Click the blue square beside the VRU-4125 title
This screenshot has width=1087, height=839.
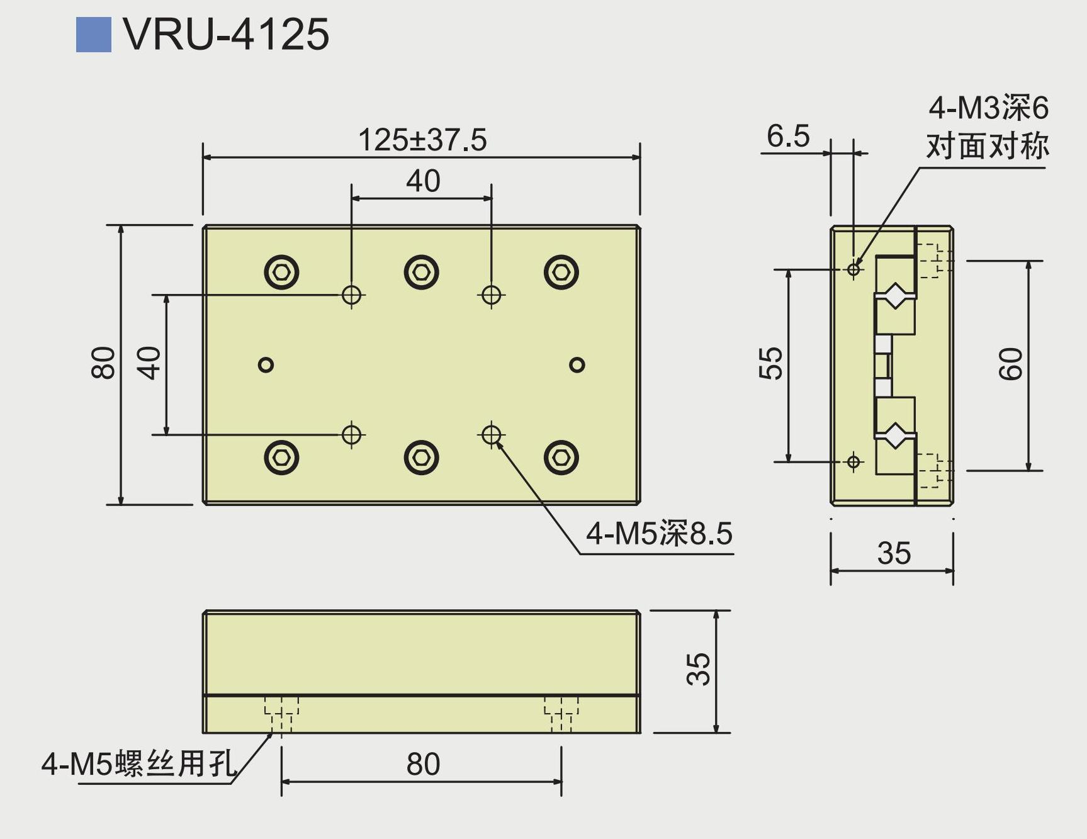pos(93,35)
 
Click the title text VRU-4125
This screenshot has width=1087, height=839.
pos(226,34)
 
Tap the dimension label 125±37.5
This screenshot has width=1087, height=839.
pos(422,140)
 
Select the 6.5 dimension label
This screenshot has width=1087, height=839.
pos(788,136)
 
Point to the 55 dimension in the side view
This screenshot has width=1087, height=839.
pos(771,363)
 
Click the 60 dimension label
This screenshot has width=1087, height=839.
pos(1011,364)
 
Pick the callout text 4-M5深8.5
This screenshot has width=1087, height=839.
pos(659,534)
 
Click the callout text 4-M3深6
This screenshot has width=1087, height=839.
pos(988,108)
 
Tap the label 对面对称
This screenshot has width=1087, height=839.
pos(987,146)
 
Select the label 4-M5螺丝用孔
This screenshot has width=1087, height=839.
pos(139,763)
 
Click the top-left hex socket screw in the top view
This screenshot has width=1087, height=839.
pos(281,273)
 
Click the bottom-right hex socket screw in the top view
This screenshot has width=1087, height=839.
pos(561,458)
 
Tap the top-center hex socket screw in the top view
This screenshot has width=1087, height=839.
pos(421,273)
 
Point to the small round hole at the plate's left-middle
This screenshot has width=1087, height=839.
pos(266,364)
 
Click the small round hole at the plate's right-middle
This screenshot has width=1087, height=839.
pos(577,364)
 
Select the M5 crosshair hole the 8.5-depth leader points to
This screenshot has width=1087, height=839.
pos(491,434)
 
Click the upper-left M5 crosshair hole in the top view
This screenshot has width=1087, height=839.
pos(352,294)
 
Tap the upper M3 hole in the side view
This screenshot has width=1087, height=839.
pos(853,269)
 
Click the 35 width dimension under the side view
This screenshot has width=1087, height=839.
pos(894,553)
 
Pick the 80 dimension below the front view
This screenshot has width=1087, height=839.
pos(423,764)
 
